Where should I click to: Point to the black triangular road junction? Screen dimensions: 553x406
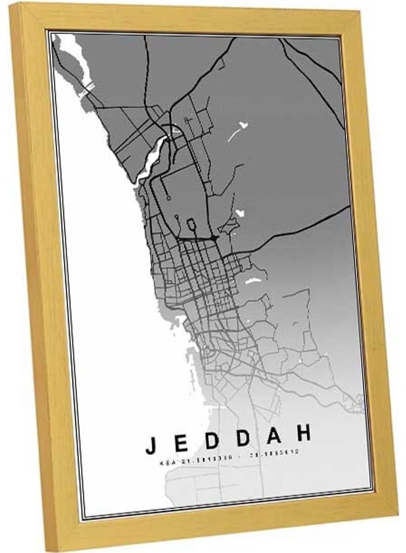pyautogui.click(x=213, y=237)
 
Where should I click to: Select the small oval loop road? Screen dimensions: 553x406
pyautogui.click(x=190, y=225)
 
